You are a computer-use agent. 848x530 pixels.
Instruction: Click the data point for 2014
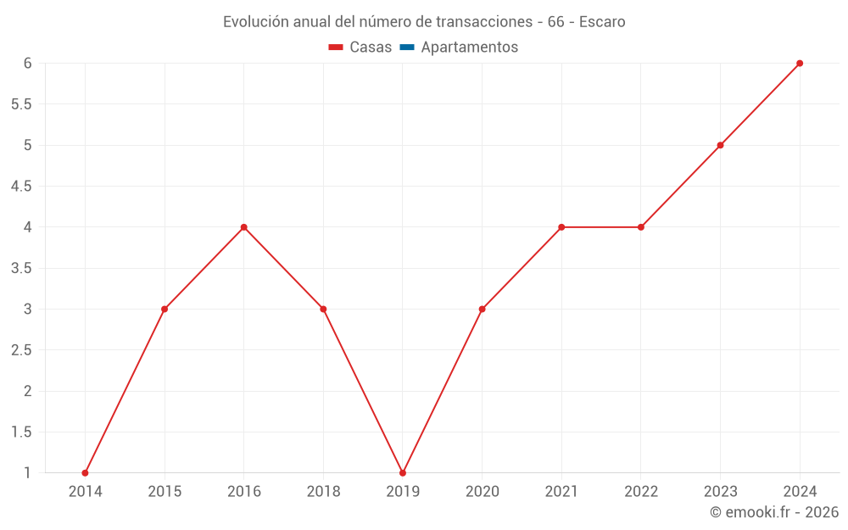pos(85,473)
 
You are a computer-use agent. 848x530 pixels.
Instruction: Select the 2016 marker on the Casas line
pos(243,227)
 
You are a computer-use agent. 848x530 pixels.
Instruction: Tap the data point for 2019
pos(403,473)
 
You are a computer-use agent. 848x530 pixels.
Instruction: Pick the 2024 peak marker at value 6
pos(800,64)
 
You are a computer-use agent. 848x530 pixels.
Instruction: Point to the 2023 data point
pos(720,145)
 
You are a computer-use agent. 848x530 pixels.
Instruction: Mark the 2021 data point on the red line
pos(561,227)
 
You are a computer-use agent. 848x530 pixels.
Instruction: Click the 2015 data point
pos(165,309)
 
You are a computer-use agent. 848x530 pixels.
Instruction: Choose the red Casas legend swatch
pos(336,47)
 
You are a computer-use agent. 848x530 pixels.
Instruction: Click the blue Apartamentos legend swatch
pos(406,47)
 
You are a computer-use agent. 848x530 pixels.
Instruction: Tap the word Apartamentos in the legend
pos(469,47)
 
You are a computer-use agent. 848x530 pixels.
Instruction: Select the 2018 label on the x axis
pos(323,491)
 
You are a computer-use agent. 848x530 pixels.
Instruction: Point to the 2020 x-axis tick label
pos(482,491)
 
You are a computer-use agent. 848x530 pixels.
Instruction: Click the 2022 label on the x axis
pos(641,491)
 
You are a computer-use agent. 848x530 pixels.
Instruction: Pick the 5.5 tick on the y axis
pos(21,104)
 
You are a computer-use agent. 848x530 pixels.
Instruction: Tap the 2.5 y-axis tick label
pos(21,350)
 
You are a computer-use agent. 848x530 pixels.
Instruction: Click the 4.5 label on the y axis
pos(21,187)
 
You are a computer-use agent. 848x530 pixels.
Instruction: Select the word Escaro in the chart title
pos(602,22)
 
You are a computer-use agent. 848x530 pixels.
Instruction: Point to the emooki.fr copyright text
pos(774,512)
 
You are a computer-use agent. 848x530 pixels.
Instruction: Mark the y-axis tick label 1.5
pos(21,432)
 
